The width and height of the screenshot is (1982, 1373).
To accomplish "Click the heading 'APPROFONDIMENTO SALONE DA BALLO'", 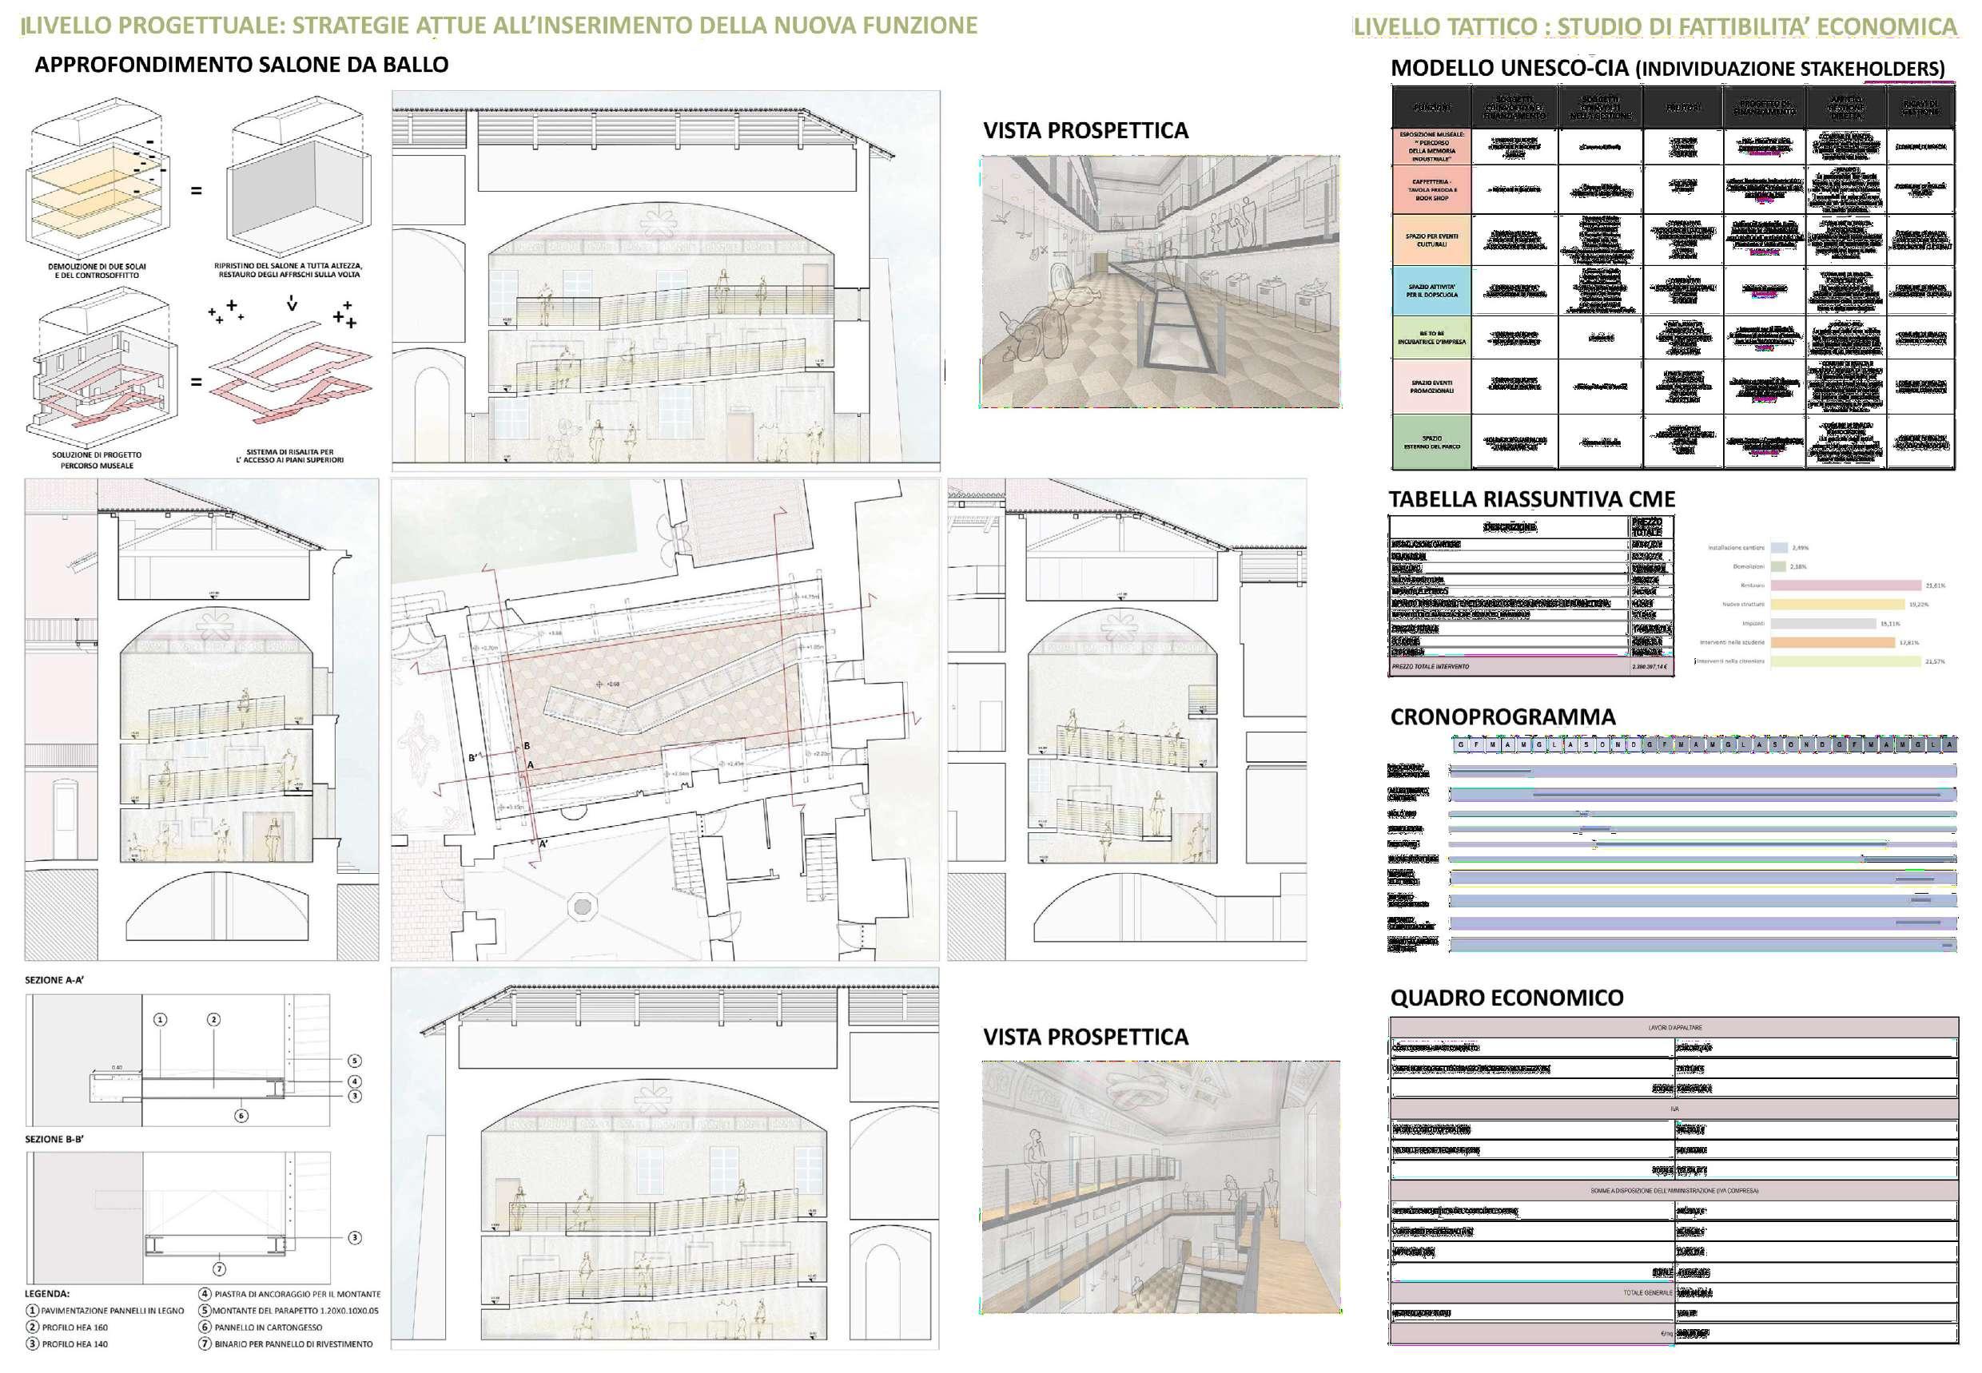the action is [241, 65].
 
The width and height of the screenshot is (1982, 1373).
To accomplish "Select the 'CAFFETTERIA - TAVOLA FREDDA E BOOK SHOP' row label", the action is [1431, 190].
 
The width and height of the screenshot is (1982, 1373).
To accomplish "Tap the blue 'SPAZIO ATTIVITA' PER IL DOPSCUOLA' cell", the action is [1431, 291].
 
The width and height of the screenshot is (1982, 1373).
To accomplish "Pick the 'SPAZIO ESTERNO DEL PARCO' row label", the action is [1431, 442].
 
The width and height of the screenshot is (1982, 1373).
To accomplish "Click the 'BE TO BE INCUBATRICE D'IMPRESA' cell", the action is [1431, 337].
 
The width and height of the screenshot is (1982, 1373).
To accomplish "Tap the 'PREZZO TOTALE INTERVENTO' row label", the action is [1431, 667].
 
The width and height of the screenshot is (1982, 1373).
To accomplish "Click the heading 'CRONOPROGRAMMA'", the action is [1502, 717].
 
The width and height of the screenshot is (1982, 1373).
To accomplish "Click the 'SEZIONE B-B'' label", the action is [54, 1139].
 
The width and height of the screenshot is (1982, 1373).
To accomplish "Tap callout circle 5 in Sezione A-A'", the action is [355, 1061].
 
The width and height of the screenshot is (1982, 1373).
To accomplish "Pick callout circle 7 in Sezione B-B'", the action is [220, 1269].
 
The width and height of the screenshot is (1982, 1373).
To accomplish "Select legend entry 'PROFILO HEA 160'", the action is [75, 1327].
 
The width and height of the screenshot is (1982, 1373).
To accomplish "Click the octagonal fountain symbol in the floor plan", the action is [582, 907].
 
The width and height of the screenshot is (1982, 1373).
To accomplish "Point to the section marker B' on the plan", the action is [473, 758].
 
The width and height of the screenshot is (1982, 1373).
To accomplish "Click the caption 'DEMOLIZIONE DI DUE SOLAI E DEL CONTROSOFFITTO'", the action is [98, 271].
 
